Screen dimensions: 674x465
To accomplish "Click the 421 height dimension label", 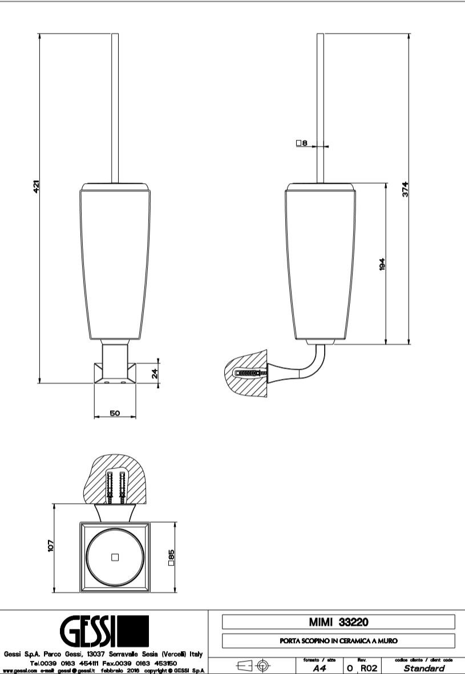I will (x=35, y=187).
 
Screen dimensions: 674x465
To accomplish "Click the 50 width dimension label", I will (x=115, y=414).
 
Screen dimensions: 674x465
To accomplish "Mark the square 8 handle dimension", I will (x=302, y=144).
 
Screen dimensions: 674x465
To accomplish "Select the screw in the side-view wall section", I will (x=249, y=373).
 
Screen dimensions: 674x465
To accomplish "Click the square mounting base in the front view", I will (x=115, y=376).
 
